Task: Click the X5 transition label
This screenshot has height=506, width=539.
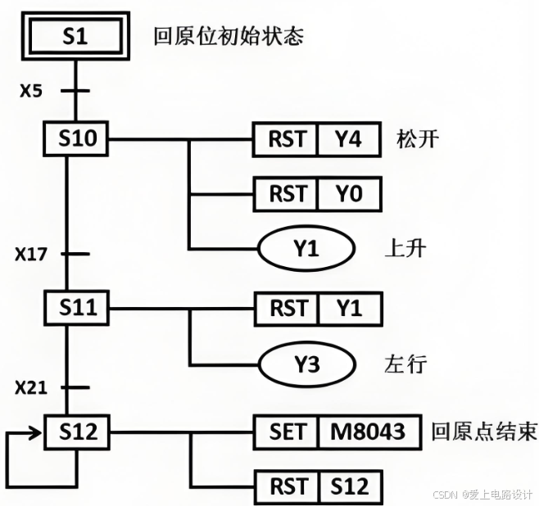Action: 30,90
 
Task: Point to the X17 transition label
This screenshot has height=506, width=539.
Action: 30,254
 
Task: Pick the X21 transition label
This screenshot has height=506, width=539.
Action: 30,386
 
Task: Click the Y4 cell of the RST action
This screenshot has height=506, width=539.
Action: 348,139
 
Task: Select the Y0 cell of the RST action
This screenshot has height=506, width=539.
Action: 348,194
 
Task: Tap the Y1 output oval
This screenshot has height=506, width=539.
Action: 306,249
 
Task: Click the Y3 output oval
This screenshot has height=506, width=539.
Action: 306,364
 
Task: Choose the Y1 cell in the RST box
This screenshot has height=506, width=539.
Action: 348,309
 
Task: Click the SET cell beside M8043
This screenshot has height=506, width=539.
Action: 287,431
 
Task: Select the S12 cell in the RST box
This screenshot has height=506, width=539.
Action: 348,487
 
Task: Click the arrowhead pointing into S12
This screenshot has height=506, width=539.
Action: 37,431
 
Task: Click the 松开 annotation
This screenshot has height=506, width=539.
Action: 417,138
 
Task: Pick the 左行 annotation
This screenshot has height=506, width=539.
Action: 405,364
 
